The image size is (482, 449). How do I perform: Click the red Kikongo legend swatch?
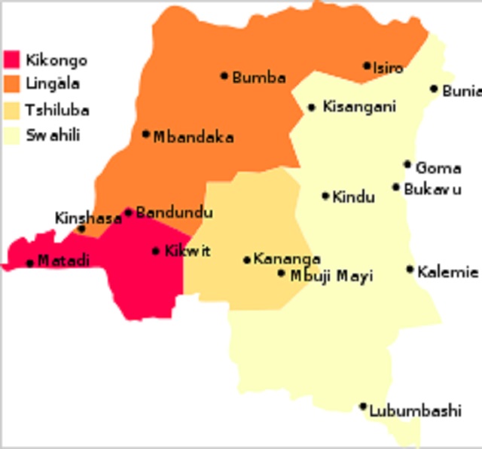click(11, 60)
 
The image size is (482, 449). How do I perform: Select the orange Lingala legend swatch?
click(11, 83)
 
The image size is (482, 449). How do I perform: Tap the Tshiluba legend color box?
click(11, 110)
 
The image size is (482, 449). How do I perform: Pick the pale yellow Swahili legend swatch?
click(11, 136)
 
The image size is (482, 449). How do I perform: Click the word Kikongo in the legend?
click(56, 60)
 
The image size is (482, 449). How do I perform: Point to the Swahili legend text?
click(53, 136)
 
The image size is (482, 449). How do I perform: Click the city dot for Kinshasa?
click(82, 228)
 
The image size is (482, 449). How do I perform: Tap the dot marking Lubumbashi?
click(362, 406)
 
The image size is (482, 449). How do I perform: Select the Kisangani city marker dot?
click(311, 108)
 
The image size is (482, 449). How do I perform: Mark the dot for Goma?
click(407, 164)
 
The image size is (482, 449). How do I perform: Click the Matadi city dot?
click(29, 263)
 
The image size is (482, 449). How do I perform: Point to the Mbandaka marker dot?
click(145, 134)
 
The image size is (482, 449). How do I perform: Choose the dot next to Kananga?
click(246, 260)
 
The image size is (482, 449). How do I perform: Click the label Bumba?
click(259, 77)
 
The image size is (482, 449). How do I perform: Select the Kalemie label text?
click(447, 271)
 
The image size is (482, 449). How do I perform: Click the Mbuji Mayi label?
click(331, 276)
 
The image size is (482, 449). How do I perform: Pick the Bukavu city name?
click(432, 189)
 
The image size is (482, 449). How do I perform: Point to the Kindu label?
click(353, 197)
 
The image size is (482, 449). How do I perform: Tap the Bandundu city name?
click(174, 213)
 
